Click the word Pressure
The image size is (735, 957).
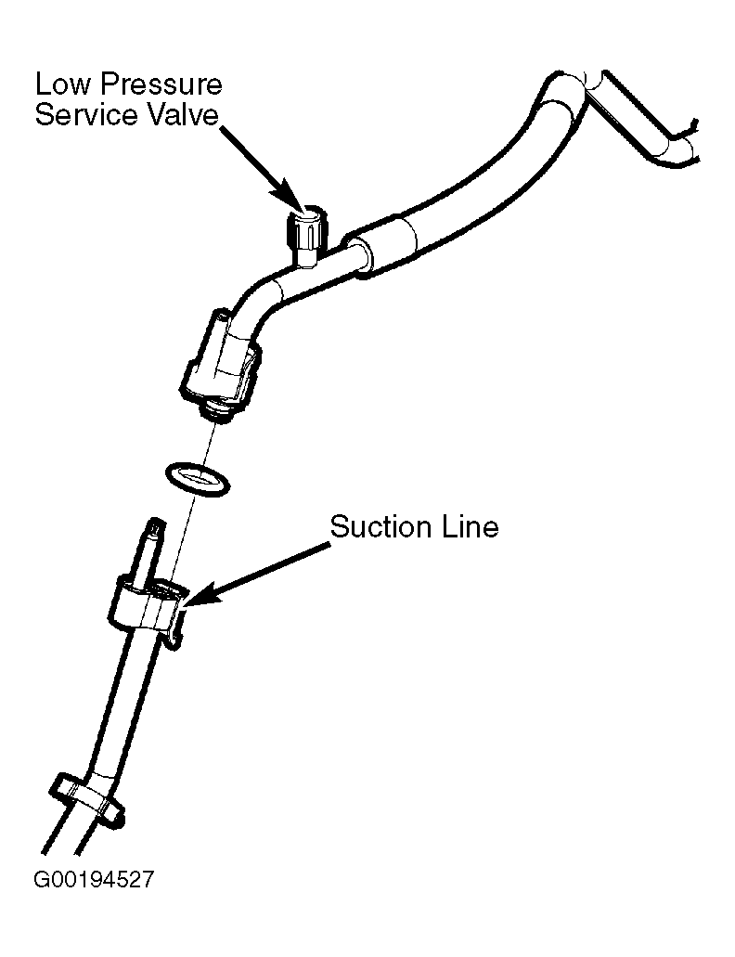pos(162,84)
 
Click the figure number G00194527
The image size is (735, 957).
pos(94,879)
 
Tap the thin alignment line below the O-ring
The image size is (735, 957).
pos(182,538)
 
